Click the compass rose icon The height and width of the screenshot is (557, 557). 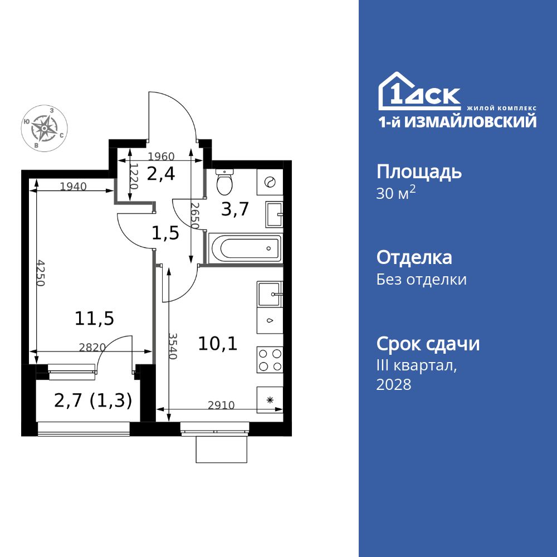[44, 128]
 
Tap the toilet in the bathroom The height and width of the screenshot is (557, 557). [224, 181]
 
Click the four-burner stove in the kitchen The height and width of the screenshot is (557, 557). [270, 359]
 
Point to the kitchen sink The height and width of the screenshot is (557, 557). [270, 293]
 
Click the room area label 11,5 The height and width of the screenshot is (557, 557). [94, 319]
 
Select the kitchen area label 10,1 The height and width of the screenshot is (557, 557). [218, 343]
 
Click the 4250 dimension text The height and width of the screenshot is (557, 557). [41, 272]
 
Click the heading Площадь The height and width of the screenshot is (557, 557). [419, 172]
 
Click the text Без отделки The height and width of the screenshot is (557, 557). [421, 279]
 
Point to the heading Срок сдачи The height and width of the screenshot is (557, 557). [428, 344]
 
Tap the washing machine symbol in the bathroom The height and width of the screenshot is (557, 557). [270, 182]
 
